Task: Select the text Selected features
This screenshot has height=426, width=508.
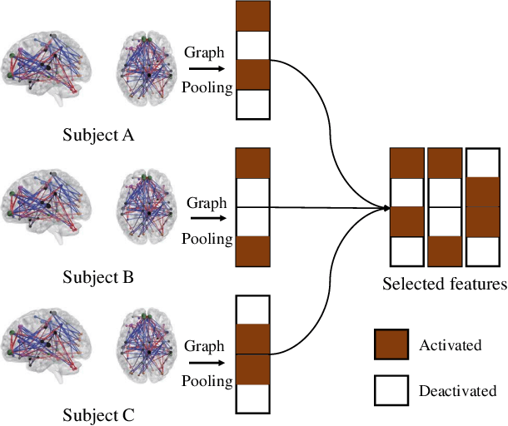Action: [445, 285]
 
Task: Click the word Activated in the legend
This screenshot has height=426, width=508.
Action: [450, 344]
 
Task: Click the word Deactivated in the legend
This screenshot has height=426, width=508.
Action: [457, 389]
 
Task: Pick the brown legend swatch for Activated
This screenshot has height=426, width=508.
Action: [391, 344]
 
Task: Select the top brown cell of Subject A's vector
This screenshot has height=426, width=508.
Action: [253, 16]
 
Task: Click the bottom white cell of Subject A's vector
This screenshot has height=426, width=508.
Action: [253, 103]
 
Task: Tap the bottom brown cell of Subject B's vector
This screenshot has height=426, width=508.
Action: [253, 250]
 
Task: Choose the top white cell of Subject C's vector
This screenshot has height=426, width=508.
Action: [253, 310]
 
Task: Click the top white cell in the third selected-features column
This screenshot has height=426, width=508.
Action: [481, 163]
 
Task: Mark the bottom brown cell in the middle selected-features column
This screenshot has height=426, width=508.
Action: [442, 251]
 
